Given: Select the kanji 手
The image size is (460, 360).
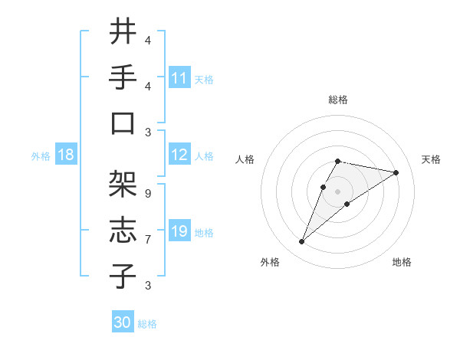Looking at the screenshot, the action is tap(123, 77).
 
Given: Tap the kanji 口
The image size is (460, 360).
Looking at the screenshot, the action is tap(123, 123).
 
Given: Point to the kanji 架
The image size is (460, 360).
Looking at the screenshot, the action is tap(123, 185).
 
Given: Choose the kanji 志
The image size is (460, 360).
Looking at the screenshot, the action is tap(123, 231).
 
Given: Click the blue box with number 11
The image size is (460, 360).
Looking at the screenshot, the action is tap(179, 78).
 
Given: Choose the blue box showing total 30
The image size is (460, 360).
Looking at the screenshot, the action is tap(123, 322).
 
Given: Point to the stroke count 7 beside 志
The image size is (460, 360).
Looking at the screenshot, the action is tap(147, 240).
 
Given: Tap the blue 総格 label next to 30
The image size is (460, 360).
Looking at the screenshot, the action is tap(147, 324).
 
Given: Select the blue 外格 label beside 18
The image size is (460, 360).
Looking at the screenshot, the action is tap(41, 156).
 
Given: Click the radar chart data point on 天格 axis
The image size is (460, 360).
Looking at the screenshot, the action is tap(396, 172).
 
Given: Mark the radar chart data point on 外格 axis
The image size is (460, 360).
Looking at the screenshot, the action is tap(301, 242).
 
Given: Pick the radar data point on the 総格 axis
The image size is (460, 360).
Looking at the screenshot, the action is tap(338, 161).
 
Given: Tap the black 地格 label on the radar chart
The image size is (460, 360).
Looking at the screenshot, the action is tap(402, 262).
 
